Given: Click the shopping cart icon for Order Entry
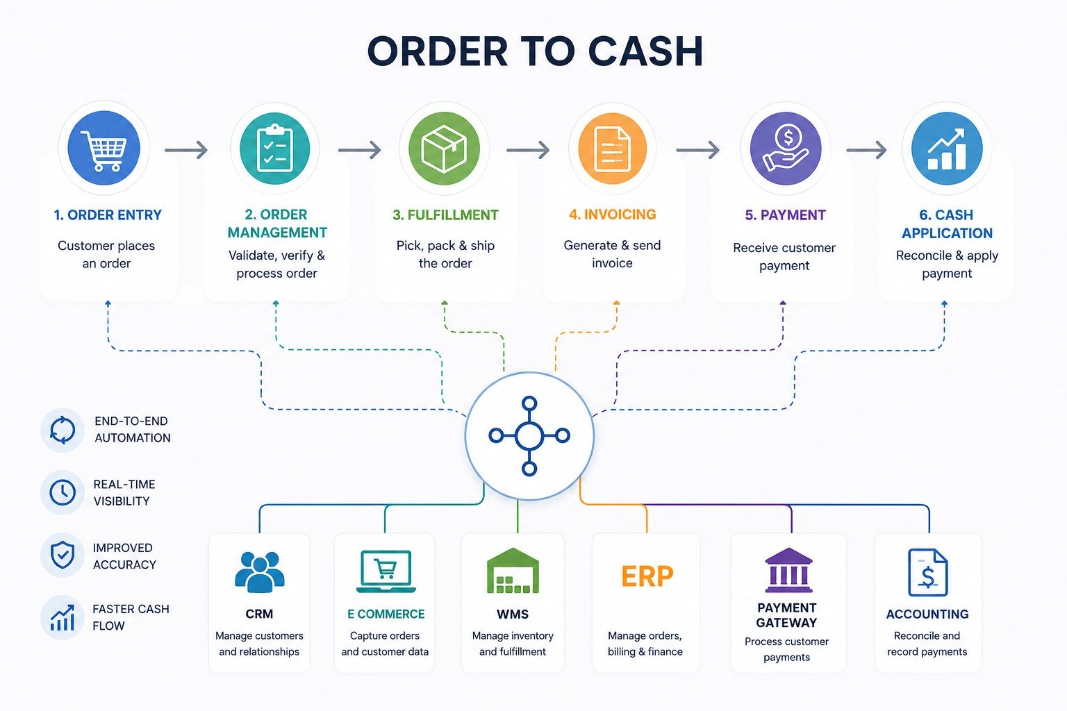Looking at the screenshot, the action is coord(104,148).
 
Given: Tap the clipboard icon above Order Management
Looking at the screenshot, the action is coord(275,148).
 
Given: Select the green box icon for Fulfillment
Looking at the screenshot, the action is coord(444,148).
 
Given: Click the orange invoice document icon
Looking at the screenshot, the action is coord(613,148).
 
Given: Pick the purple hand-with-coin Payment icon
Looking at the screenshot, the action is coord(786,148).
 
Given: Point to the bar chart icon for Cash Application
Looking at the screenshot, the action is coord(947,148).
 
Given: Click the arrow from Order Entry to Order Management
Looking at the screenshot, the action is coord(186,150).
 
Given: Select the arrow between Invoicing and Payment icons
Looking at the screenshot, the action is coord(698,150).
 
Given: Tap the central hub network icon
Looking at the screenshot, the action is coord(529,436).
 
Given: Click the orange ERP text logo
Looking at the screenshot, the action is coord(647,576).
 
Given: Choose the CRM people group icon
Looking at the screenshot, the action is coord(260,572).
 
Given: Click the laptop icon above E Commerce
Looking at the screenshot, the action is coord(386,571).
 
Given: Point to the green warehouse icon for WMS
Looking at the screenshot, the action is coord(513,571).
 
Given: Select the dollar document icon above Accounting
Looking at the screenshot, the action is coord(928,572).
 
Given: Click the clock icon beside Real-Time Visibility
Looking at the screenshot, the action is coord(63,492).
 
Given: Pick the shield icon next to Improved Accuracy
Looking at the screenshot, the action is coord(63,555).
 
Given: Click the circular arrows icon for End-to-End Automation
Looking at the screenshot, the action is coord(63,430).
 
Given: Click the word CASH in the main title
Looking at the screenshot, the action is coord(646,51).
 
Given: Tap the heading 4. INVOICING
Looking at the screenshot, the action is coord(613,215).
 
